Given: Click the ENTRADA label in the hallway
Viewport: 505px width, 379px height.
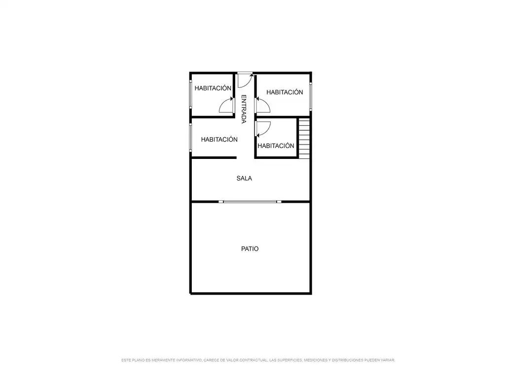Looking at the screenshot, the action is (244, 109).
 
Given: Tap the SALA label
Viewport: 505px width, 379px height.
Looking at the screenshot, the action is (244, 178).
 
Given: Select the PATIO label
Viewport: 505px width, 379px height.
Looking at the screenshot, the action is (250, 249).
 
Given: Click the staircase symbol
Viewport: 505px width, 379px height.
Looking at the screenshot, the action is (304, 139).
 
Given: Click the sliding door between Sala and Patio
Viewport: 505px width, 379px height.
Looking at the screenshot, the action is (250, 202).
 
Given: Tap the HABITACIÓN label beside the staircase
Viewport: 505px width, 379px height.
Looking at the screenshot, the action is (276, 146).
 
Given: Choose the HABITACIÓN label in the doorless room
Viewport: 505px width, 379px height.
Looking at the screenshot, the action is (219, 140).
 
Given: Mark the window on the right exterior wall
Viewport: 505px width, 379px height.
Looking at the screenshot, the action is (311, 97).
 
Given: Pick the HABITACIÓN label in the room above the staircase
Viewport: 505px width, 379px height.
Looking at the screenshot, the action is (285, 92).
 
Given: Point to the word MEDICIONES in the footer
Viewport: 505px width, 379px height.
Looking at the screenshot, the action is (315, 360).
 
